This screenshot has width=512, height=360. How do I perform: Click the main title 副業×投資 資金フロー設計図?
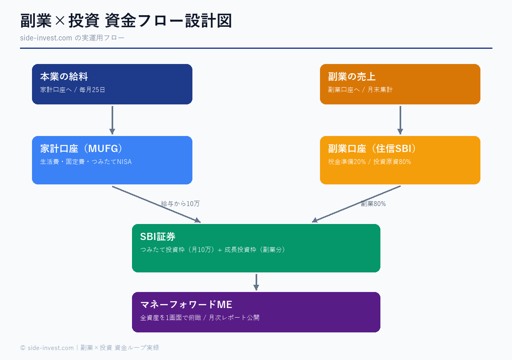click(126, 21)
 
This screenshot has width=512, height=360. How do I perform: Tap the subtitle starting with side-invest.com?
click(72, 38)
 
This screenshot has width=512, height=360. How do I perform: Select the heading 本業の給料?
click(64, 76)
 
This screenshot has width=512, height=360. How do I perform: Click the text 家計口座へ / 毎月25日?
click(72, 90)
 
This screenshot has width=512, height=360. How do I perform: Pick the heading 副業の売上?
click(352, 76)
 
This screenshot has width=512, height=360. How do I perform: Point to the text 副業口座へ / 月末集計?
click(360, 90)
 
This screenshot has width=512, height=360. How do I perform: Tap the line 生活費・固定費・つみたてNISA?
click(86, 162)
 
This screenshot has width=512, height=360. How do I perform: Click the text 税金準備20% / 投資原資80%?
click(369, 162)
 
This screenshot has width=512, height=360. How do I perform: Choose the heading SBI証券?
click(158, 236)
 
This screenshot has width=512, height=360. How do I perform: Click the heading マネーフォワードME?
click(186, 304)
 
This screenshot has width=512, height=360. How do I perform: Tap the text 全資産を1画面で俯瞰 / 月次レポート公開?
click(200, 318)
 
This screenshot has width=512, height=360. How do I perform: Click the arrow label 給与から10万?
click(180, 204)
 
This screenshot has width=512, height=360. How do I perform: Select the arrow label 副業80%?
click(373, 204)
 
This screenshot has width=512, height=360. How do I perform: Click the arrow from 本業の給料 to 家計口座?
click(112, 120)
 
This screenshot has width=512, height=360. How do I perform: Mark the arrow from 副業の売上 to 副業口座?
click(400, 120)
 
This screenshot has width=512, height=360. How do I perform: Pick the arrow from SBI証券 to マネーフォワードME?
click(256, 282)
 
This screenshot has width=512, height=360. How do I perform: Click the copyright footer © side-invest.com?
click(90, 348)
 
